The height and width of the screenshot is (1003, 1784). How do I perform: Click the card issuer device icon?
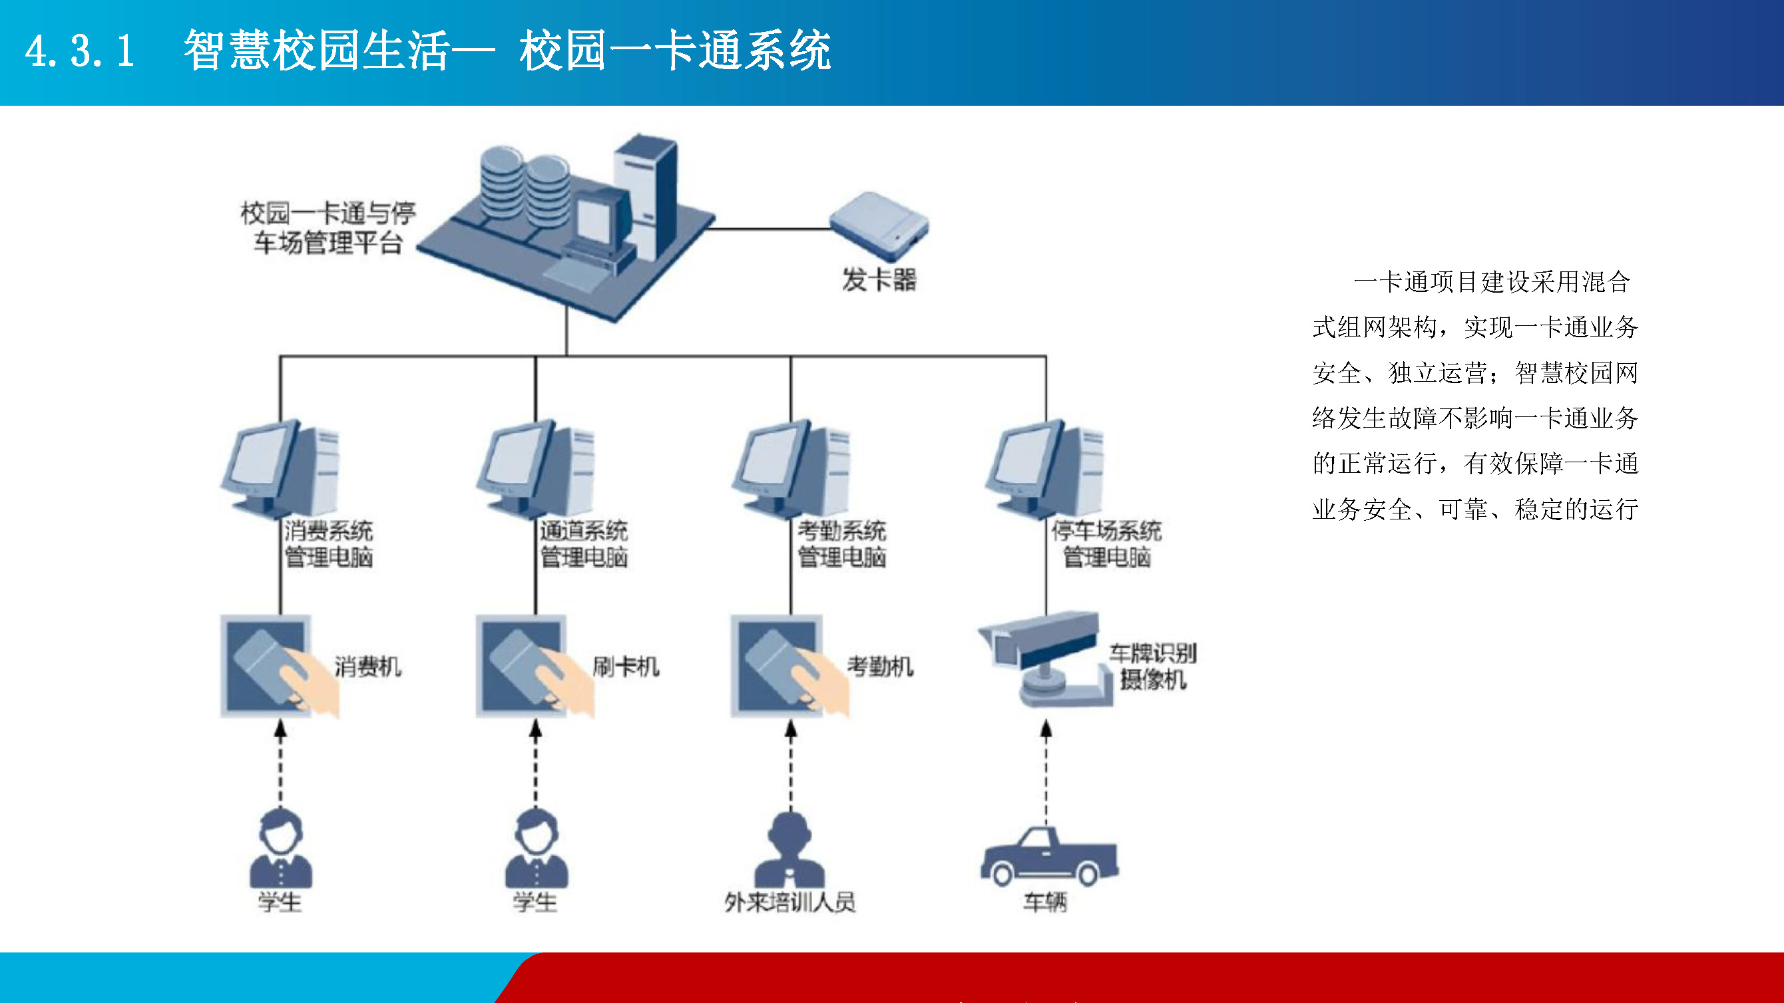pos(879,227)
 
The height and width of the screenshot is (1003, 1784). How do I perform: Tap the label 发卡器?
pos(879,280)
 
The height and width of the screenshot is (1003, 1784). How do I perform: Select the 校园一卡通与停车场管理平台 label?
pos(328,227)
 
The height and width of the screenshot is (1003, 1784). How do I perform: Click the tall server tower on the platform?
pos(646,198)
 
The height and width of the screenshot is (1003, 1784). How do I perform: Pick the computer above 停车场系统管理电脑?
pos(1046,469)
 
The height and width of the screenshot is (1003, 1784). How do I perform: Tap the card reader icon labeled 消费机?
pos(279,666)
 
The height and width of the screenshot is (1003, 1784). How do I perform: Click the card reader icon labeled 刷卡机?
pos(535,666)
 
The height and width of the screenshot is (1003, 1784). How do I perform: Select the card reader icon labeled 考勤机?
pos(790,666)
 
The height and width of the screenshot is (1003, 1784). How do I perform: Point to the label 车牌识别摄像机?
pos(1153,666)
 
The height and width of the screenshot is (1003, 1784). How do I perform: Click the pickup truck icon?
pos(1049,856)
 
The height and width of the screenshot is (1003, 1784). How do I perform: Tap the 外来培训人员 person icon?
pos(789,850)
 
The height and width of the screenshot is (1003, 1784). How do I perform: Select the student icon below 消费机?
pos(280,849)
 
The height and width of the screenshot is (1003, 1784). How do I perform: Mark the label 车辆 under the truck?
pos(1046,902)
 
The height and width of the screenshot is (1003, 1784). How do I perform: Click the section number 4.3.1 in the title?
pos(81,51)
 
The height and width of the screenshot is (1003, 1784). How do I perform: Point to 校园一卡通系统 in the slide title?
pos(675,51)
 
